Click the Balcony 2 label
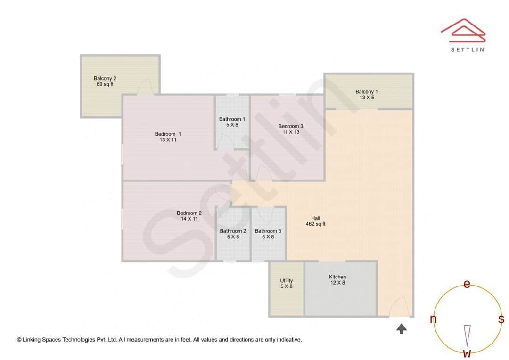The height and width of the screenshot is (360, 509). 105,82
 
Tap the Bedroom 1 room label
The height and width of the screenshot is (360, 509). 168,137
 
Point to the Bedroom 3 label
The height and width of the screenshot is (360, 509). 291,129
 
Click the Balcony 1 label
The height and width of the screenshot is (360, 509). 367,95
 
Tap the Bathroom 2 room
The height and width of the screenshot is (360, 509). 233,234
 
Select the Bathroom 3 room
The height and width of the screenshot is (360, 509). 268,234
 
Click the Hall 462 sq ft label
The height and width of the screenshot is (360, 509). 315,221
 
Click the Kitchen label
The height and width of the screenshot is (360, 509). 337,280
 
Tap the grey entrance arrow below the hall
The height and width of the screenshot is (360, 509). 402,328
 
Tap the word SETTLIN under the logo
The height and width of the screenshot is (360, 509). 467,49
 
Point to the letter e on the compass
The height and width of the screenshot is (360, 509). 467,284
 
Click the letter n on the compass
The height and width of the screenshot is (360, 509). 433,319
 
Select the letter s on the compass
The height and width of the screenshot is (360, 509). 501,319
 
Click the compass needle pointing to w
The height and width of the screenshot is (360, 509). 467,335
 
